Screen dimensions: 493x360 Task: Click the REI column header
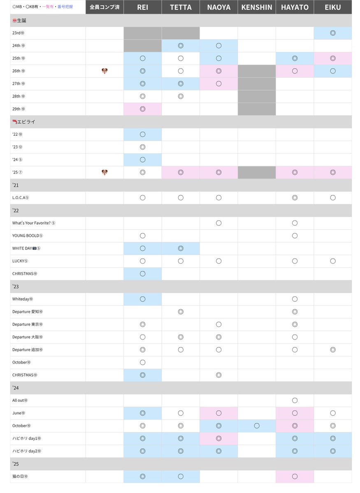coord(142,7)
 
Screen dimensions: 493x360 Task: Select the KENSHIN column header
coord(257,7)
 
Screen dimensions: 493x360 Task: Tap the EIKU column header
coord(332,7)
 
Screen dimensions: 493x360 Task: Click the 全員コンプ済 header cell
coord(105,7)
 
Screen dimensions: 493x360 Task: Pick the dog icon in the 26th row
coord(105,71)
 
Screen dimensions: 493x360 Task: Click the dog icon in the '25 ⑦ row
coord(105,172)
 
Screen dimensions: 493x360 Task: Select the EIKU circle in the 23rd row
coord(332,33)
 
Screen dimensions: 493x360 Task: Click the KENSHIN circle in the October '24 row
coord(257,426)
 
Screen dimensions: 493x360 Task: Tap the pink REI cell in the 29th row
coord(142,109)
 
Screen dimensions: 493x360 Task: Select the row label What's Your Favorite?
coord(33,223)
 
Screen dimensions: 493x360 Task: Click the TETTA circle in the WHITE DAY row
coord(181,248)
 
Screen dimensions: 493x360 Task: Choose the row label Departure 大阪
coord(27,337)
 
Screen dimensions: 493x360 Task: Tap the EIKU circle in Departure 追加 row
coord(332,349)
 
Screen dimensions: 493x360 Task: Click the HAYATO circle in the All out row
coord(295,400)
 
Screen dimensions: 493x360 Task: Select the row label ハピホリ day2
coord(27,451)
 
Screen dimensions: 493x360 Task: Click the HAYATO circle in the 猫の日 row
coord(295,476)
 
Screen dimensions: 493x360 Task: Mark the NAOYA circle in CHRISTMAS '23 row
coord(218,375)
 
